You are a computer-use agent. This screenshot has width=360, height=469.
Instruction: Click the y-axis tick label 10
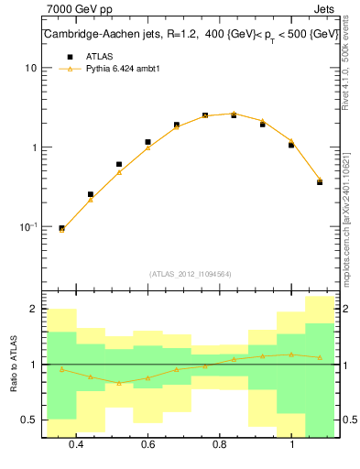[x=30, y=69]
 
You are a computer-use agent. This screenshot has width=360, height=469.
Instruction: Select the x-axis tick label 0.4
[x=76, y=444]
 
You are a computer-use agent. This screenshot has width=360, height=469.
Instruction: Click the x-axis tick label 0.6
[x=147, y=444]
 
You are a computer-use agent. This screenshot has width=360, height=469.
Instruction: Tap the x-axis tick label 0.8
[x=220, y=444]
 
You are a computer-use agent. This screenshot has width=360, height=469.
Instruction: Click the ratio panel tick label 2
[x=33, y=310]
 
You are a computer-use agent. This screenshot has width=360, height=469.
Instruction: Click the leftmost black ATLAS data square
[x=61, y=228]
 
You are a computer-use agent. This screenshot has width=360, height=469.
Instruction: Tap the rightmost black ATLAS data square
[x=320, y=181]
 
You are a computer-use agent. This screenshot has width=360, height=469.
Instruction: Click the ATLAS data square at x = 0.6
[x=147, y=142]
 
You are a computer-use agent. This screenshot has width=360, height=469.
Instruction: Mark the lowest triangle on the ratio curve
[x=119, y=383]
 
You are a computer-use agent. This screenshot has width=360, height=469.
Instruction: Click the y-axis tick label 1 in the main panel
[x=33, y=147]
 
